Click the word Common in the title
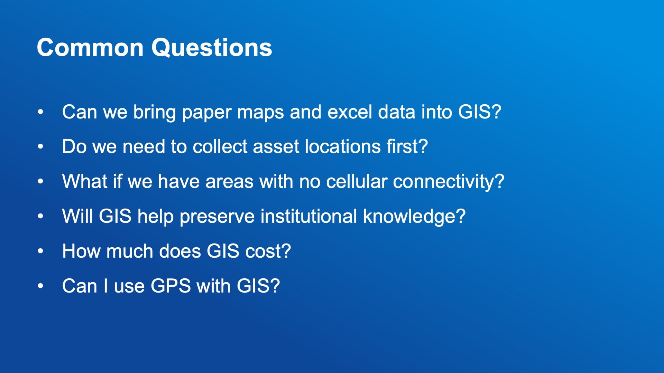[90, 47]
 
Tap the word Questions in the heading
[212, 48]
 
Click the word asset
[276, 147]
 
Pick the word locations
[343, 146]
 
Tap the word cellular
[357, 181]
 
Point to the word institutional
[308, 216]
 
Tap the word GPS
[171, 286]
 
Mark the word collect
[220, 146]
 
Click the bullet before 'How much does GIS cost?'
[40, 251]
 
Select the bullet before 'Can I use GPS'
[40, 286]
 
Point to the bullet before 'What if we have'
[40, 181]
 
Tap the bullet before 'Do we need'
[40, 146]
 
